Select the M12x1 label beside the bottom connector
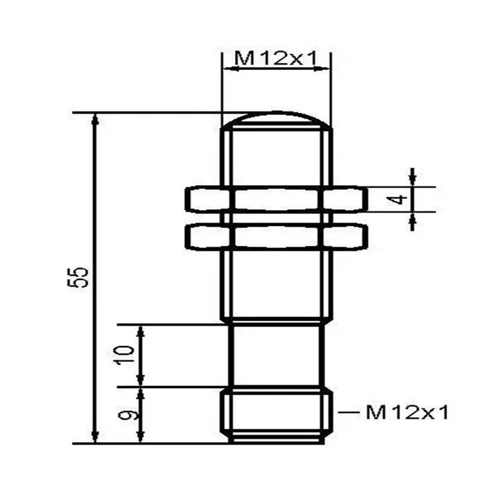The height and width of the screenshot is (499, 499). click(408, 413)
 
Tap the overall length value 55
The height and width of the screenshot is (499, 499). click(82, 277)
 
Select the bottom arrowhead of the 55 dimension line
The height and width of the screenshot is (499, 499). click(96, 435)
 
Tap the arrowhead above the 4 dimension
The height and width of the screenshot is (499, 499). click(412, 179)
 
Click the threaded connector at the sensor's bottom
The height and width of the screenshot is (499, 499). click(276, 416)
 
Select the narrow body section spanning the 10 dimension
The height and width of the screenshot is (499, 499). click(276, 355)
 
